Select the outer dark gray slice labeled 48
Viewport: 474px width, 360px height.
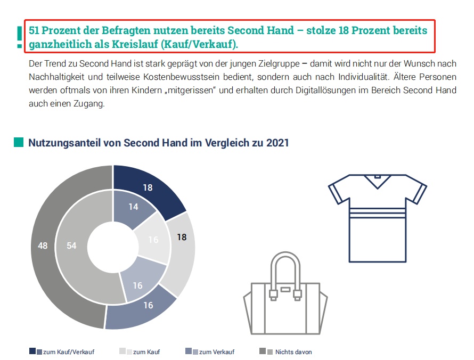43,246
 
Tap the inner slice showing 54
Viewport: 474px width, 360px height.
71,246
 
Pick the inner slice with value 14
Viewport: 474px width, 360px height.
133,207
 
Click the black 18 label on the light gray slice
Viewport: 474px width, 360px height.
182,237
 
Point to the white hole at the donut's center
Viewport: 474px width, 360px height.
113,247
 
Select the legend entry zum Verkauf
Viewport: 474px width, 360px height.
215,351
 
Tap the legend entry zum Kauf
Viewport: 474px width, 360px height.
145,351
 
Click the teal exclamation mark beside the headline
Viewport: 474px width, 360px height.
19,36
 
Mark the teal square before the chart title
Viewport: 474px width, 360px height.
19,142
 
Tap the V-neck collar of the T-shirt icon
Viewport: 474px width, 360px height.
377,182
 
